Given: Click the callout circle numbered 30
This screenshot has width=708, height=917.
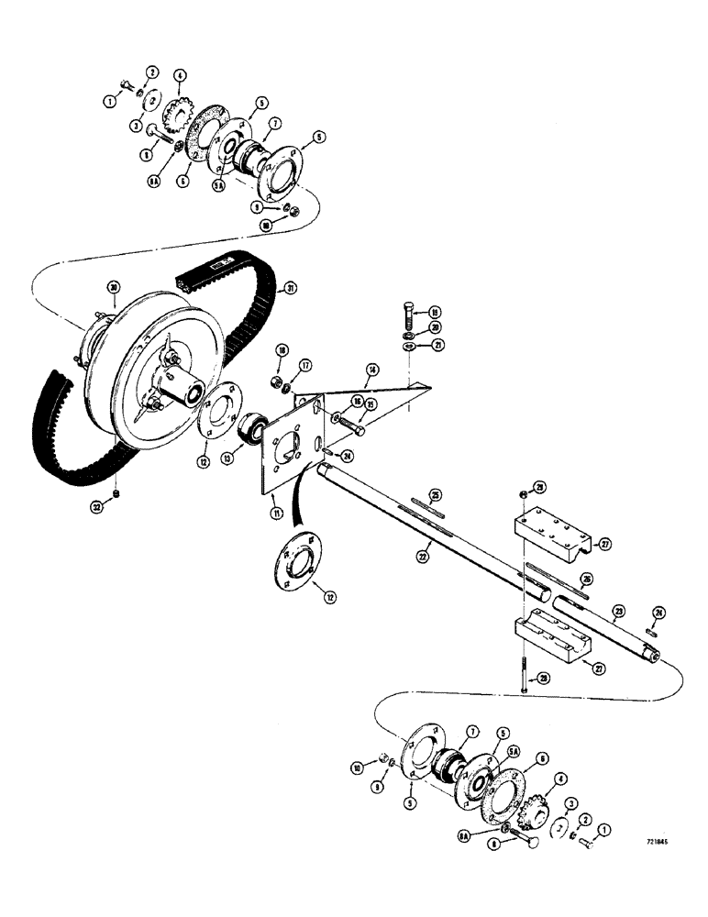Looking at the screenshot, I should click(114, 287).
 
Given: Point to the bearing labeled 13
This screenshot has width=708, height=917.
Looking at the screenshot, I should click(249, 428).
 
